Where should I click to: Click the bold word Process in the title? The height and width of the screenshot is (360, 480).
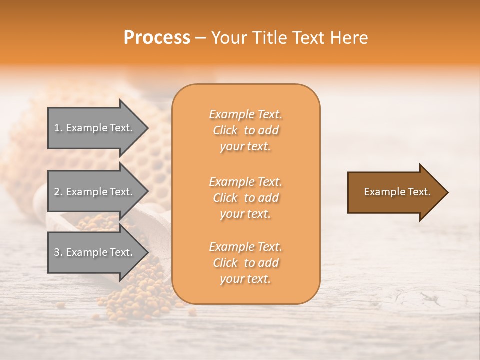(157, 37)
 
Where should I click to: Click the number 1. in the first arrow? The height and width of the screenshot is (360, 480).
(58, 128)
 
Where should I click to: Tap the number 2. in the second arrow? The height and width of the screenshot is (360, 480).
(58, 192)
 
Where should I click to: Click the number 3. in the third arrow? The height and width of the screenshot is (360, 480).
(58, 252)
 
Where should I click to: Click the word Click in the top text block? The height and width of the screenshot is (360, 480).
(225, 130)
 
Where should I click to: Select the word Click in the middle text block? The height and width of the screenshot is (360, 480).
(225, 198)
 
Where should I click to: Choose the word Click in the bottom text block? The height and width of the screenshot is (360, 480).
(225, 263)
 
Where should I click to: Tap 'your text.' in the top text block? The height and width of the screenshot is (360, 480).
(245, 146)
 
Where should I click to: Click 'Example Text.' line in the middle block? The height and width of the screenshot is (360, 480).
(245, 182)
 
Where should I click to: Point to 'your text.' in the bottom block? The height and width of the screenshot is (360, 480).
(245, 279)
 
